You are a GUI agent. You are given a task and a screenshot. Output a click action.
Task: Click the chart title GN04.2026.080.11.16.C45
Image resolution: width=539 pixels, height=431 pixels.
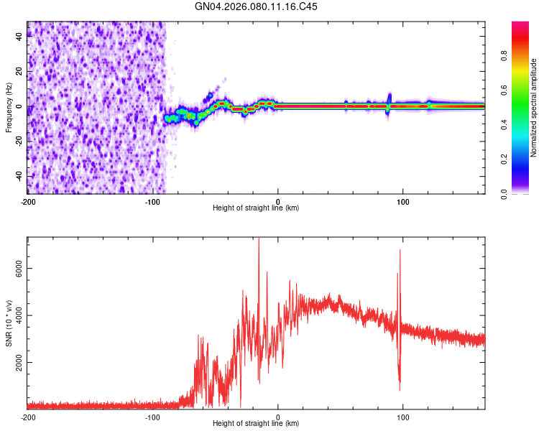click(257, 6)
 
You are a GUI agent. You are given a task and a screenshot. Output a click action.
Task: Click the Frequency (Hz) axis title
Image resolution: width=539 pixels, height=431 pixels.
click(9, 107)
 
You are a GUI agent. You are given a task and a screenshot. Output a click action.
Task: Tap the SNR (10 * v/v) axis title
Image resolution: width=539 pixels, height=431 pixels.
click(9, 323)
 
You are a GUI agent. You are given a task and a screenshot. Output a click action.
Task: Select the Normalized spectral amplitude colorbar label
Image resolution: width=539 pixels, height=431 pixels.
click(534, 108)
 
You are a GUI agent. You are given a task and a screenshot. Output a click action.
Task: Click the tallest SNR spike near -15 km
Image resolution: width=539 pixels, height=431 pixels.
click(259, 240)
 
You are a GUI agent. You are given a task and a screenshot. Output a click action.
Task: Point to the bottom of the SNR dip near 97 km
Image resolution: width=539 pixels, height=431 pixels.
click(400, 389)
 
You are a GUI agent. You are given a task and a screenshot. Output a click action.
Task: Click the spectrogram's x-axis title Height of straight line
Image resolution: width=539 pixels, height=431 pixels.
click(257, 208)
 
